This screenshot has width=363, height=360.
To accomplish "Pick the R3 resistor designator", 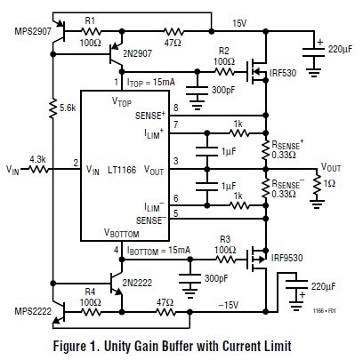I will tap(226, 240).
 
